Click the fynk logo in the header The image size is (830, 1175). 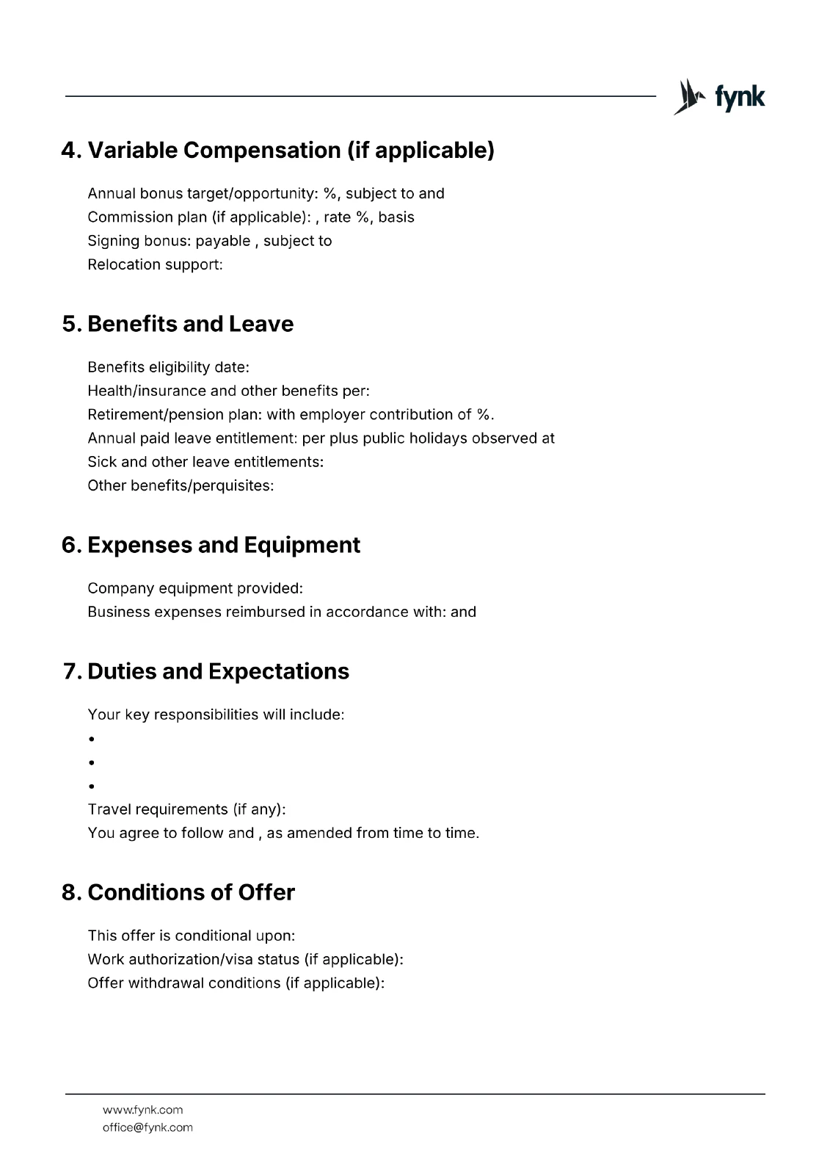719,97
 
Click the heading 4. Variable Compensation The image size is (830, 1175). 277,150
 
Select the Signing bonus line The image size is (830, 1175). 209,241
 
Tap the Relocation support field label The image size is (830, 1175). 155,264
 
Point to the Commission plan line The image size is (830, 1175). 250,217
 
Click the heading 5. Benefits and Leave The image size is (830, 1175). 178,324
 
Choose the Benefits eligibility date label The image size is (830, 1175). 168,367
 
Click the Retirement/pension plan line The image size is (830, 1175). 291,414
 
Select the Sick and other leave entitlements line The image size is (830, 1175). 205,462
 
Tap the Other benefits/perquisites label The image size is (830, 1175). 181,485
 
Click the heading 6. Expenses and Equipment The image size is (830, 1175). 211,545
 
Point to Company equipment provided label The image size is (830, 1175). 195,588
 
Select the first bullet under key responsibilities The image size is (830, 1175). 92,739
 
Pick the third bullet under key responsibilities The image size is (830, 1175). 92,787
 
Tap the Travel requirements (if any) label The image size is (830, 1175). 186,809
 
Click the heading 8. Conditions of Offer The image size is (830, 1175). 178,892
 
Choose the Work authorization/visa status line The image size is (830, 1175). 245,959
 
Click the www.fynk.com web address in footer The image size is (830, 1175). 142,1110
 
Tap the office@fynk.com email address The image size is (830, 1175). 148,1127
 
